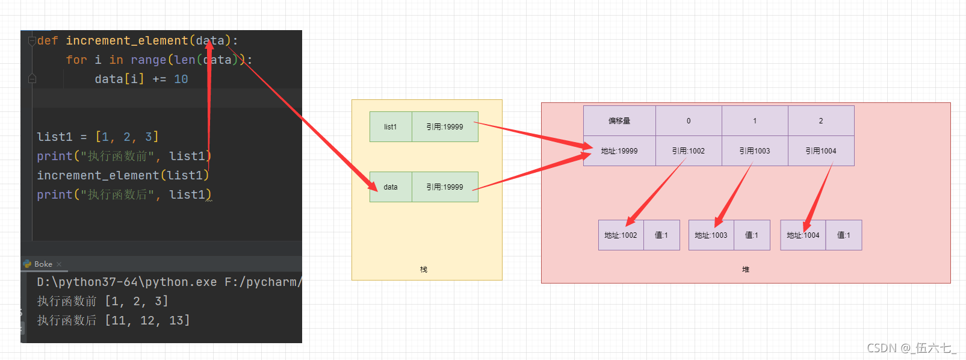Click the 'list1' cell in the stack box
[x=391, y=127]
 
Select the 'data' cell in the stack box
[x=391, y=187]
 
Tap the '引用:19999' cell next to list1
[x=445, y=127]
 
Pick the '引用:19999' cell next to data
[x=445, y=187]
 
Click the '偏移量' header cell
[x=619, y=121]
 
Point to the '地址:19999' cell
[x=619, y=151]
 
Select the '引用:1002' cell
[x=689, y=151]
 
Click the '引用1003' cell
[x=755, y=151]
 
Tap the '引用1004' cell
[x=821, y=151]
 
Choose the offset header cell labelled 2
[x=821, y=121]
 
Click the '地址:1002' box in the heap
[x=621, y=235]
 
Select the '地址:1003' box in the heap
[x=711, y=235]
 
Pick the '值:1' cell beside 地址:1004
[x=844, y=235]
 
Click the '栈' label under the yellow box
[x=424, y=270]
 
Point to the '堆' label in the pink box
[x=746, y=270]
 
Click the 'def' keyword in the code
[x=48, y=41]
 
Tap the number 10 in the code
[x=181, y=79]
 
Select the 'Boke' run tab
[x=43, y=264]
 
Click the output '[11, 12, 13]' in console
[x=147, y=321]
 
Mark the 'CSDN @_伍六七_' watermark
[x=911, y=348]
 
